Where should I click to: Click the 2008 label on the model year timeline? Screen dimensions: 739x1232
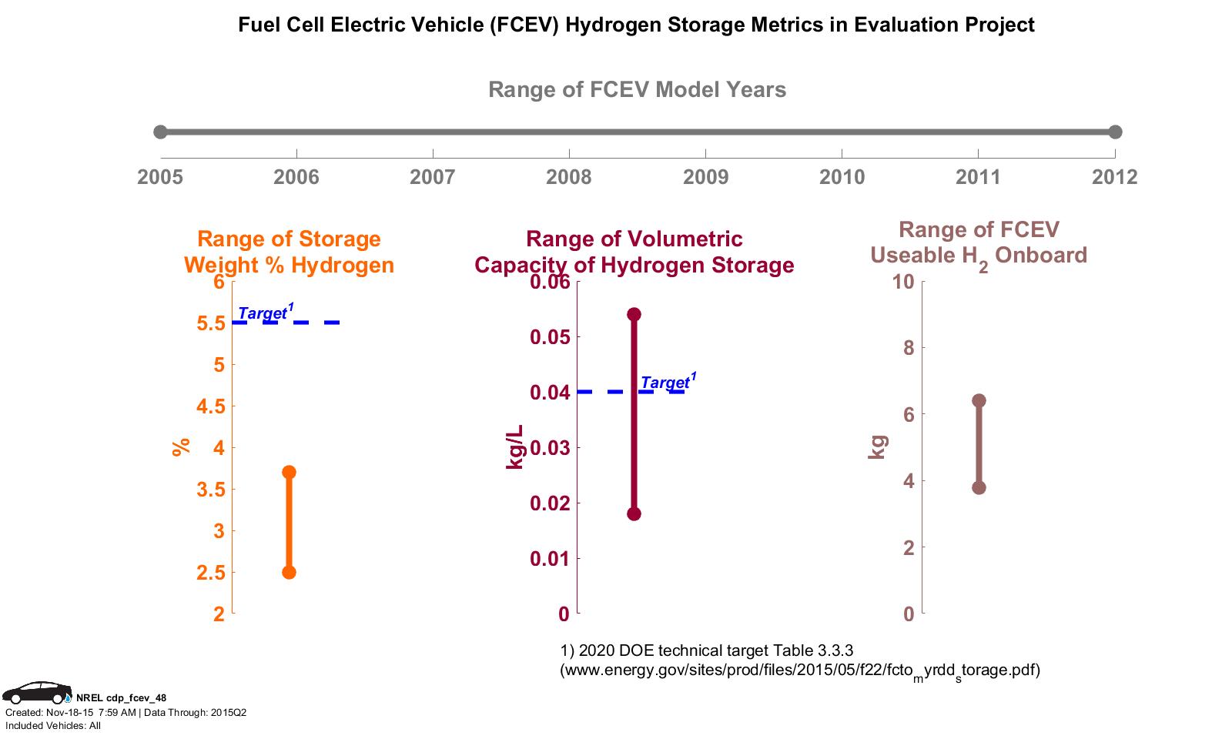[x=569, y=178]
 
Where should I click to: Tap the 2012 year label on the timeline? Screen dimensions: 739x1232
[x=1114, y=178]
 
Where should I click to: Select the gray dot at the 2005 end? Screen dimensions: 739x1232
[x=160, y=132]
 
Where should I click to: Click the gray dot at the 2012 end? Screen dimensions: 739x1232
[x=1115, y=132]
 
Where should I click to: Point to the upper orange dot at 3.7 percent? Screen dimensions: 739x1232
[x=289, y=472]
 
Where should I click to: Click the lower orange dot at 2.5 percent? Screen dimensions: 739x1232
[x=289, y=572]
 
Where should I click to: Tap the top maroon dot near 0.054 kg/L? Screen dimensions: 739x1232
[x=634, y=314]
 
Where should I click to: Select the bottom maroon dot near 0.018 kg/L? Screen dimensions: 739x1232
[x=634, y=513]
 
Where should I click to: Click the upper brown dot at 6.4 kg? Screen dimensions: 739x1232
[x=979, y=400]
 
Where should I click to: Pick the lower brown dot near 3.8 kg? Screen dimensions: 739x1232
[x=979, y=487]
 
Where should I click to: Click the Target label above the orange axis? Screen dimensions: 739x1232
[x=264, y=313]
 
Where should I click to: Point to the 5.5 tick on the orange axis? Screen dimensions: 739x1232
[x=210, y=323]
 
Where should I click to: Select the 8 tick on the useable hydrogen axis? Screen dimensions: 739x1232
[x=908, y=348]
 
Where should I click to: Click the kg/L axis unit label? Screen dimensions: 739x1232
[x=514, y=446]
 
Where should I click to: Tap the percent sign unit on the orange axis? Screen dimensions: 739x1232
[x=181, y=446]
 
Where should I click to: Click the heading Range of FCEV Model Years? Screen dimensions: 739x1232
[x=637, y=90]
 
